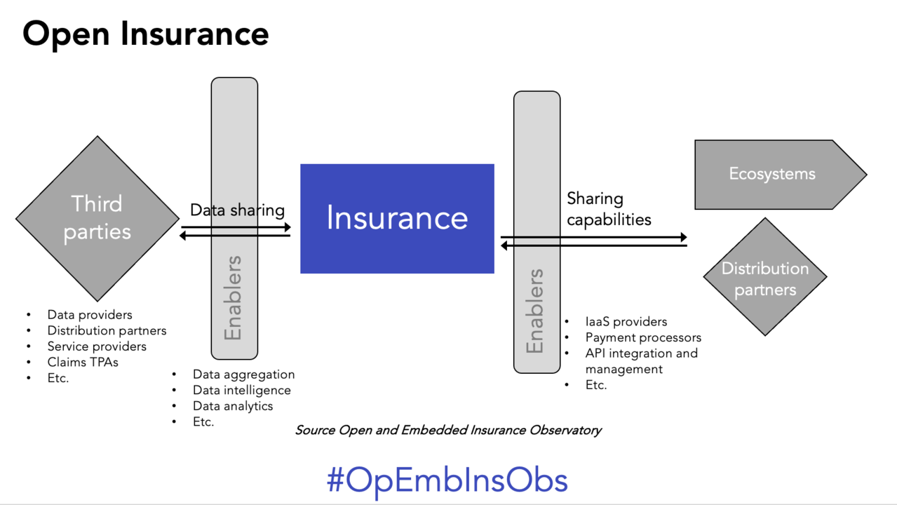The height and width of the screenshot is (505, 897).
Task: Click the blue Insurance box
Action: point(397,218)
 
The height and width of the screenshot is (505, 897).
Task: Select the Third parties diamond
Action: point(97,218)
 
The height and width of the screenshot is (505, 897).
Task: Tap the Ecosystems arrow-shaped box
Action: point(772,174)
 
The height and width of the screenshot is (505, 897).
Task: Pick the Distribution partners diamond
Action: point(764,278)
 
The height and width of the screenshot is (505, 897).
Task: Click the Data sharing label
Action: point(237,210)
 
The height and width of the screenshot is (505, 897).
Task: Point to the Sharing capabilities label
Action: point(609,209)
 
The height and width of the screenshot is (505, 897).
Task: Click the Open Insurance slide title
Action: point(146,34)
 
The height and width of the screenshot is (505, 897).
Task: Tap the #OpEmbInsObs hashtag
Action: point(447,480)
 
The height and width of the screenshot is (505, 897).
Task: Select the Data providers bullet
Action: point(90,315)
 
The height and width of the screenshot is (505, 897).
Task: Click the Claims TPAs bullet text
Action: point(83,362)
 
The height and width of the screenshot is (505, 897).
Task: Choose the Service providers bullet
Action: point(97,346)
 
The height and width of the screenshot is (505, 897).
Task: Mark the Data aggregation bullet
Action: point(243,375)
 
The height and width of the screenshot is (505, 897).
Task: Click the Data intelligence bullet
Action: point(241,390)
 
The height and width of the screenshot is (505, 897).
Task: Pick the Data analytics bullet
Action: point(233,405)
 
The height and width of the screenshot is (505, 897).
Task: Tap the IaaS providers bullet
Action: point(626,322)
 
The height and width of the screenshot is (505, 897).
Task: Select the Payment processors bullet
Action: point(643,337)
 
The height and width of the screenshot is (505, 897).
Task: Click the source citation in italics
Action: point(448,430)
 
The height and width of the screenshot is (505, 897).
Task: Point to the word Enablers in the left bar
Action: point(233,297)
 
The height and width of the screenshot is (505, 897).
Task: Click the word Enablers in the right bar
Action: point(535,311)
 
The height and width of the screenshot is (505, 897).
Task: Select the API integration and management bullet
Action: point(641,361)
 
